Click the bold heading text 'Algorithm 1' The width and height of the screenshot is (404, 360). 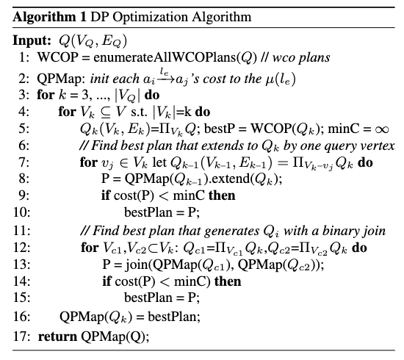[x=49, y=18]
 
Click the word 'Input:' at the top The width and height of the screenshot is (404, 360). [x=32, y=40]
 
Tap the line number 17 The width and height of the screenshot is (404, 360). [x=21, y=336]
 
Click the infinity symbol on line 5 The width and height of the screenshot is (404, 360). [x=381, y=129]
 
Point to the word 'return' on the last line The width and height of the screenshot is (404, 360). [x=57, y=336]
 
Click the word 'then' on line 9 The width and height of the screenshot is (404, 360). [x=222, y=195]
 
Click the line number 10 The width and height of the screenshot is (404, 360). [x=21, y=212]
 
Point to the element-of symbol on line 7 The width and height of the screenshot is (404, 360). [x=124, y=163]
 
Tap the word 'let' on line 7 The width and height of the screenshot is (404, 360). [x=159, y=162]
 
